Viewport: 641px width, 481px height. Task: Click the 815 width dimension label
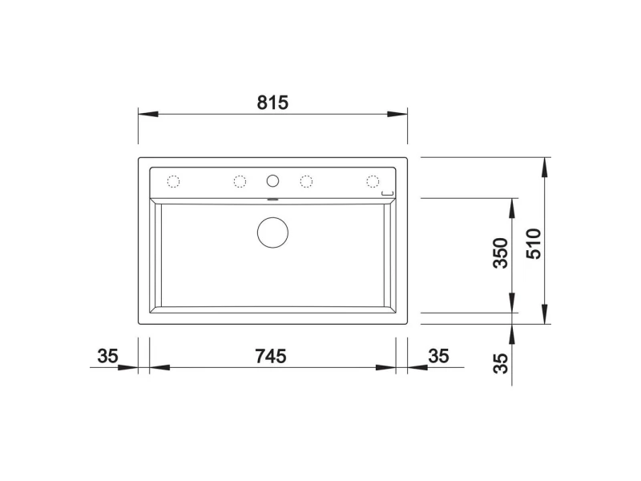coord(272,103)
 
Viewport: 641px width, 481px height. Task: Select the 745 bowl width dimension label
coord(271,356)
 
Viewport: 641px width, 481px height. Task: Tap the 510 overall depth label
coord(534,244)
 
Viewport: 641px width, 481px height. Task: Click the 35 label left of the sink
coord(107,356)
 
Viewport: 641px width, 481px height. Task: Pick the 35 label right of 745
coord(438,356)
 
